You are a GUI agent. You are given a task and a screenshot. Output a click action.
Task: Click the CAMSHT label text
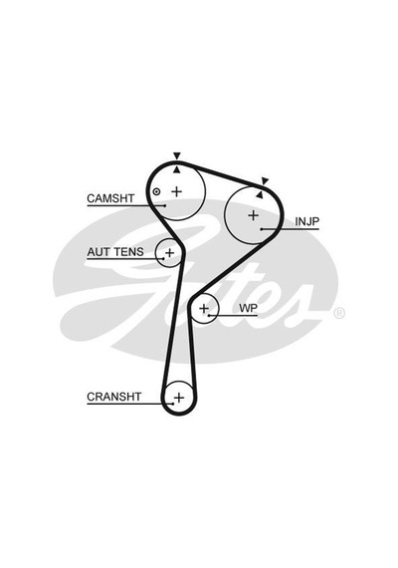[110, 198]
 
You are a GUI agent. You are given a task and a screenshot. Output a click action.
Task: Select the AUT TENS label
[115, 252]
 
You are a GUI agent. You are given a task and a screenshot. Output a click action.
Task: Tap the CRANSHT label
[114, 397]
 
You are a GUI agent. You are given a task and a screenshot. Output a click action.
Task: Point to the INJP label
[307, 221]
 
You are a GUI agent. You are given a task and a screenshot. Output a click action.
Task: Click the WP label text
[248, 308]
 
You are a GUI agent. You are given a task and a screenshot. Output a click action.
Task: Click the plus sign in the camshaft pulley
[176, 191]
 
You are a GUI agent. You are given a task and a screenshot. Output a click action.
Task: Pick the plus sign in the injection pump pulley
[254, 215]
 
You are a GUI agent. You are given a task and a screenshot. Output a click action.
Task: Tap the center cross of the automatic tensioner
[169, 252]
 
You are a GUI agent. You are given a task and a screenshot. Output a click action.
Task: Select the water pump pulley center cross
[204, 309]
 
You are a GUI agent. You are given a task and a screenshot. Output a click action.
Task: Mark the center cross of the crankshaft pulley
[179, 398]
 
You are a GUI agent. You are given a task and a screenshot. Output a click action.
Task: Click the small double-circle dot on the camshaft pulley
[156, 191]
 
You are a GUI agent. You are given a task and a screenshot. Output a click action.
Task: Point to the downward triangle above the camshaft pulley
[176, 156]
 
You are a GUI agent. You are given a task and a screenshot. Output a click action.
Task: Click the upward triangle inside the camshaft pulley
[176, 169]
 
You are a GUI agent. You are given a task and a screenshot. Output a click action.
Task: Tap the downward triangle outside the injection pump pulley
[266, 180]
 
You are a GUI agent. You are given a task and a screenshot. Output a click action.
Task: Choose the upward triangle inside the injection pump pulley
[259, 194]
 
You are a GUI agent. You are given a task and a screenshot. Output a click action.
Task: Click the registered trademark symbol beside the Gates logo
[338, 313]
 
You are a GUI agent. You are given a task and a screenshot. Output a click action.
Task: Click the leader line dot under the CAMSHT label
[165, 205]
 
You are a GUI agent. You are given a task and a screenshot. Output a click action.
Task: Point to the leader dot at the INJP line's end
[262, 229]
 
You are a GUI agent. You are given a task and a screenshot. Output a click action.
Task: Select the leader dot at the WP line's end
[209, 316]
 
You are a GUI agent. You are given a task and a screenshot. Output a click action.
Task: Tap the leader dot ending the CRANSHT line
[174, 404]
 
